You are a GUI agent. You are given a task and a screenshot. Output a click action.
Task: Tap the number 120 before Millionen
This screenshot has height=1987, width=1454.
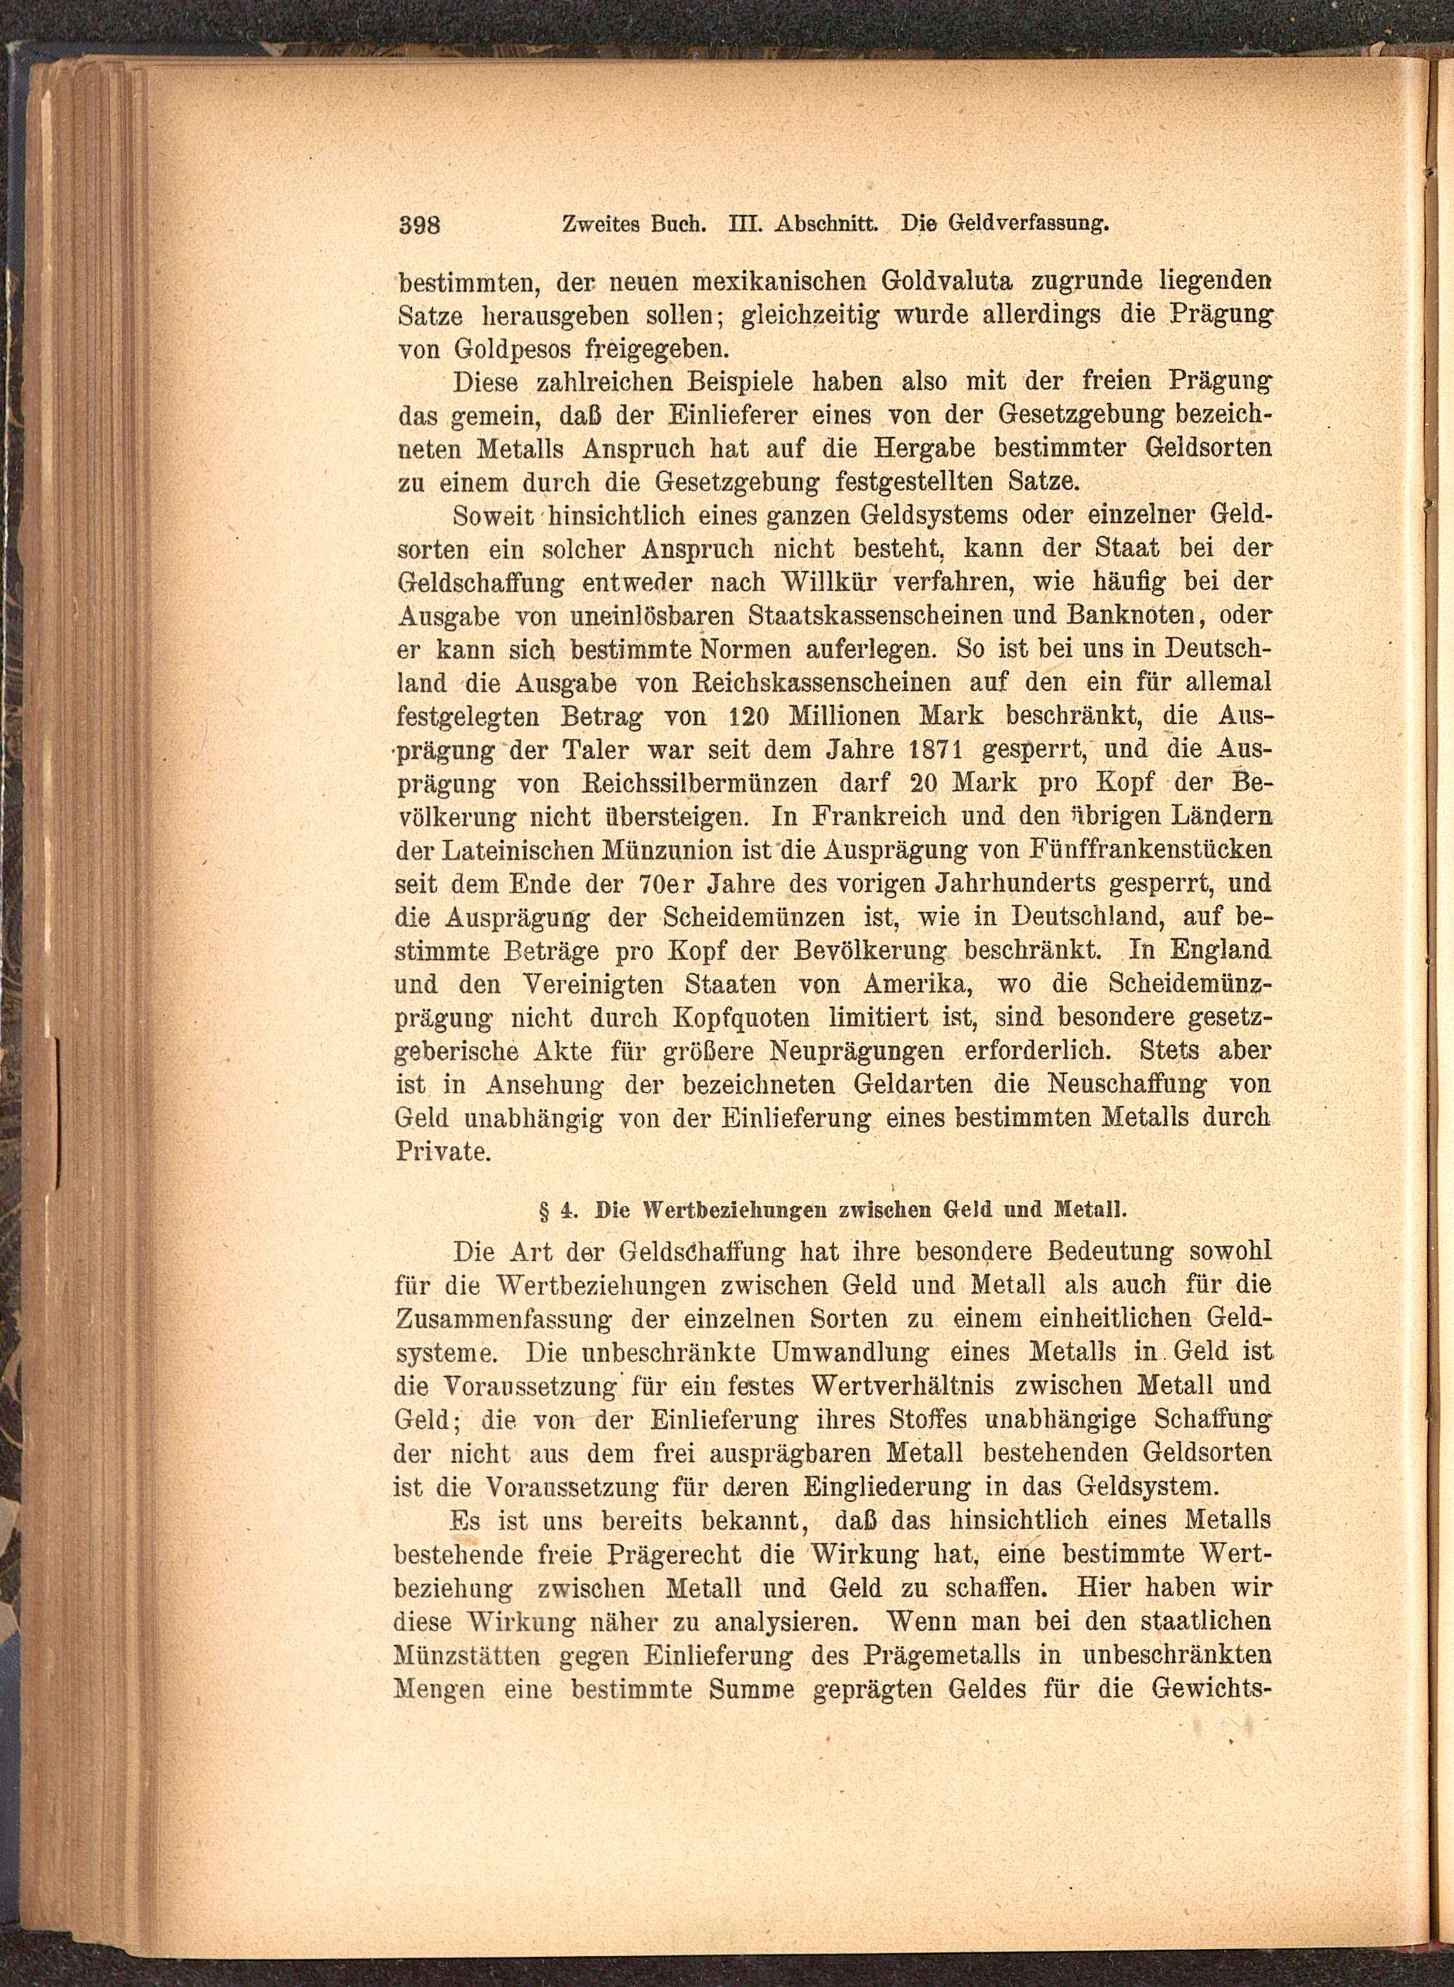[x=750, y=716]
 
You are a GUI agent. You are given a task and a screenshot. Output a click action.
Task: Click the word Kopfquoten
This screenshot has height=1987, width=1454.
[x=741, y=1018]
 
